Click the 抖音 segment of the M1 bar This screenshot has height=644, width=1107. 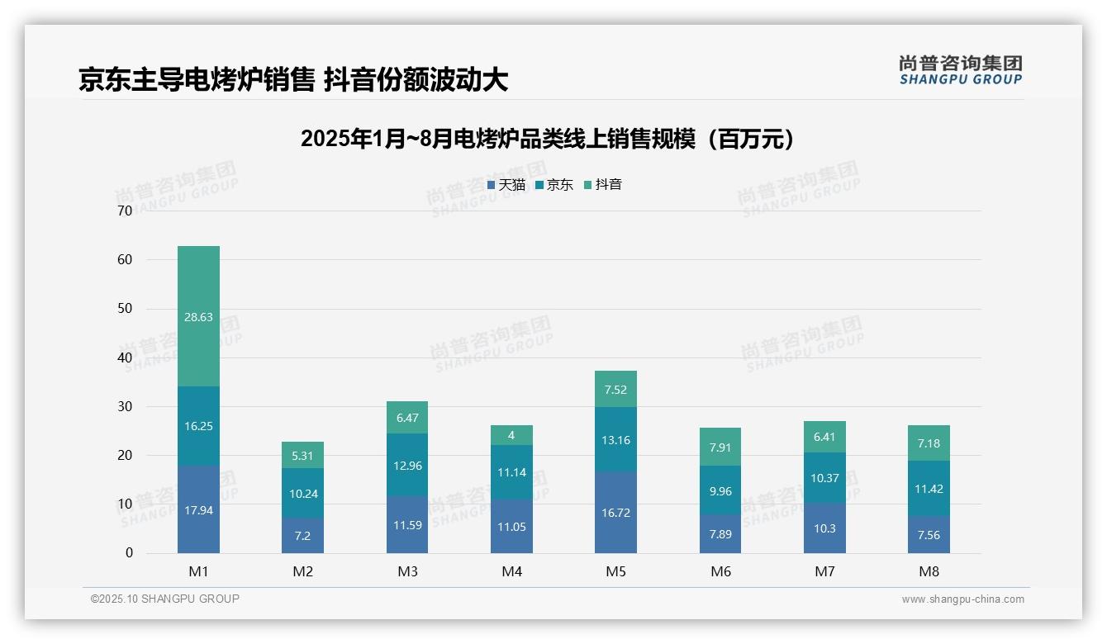[x=198, y=316]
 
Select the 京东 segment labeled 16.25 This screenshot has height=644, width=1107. [x=198, y=426]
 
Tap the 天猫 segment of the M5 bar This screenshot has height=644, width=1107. [x=615, y=513]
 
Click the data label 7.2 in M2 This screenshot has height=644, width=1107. [x=302, y=535]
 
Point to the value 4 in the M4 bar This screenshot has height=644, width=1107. [x=511, y=435]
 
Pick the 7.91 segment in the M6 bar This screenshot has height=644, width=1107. [x=720, y=447]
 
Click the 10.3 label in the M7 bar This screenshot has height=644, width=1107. [x=824, y=528]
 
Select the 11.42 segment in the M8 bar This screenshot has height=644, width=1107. [x=929, y=489]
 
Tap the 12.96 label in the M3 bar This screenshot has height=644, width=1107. [x=407, y=466]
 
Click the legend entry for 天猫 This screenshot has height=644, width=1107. [x=506, y=185]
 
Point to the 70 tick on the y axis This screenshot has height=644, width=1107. [x=125, y=211]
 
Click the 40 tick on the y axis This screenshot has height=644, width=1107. [x=125, y=358]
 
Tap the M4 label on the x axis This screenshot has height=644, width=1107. [x=511, y=571]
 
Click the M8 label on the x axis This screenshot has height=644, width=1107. [x=929, y=571]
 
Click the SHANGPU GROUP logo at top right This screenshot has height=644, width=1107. [x=960, y=70]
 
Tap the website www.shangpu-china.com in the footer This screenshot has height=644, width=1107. [x=962, y=599]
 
